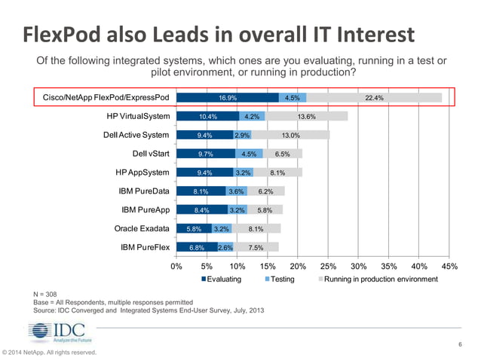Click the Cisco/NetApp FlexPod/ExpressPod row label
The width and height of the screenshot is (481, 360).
click(x=106, y=98)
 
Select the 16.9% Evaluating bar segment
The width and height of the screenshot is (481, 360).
click(x=227, y=98)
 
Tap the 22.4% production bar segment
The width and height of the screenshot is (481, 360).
click(x=374, y=98)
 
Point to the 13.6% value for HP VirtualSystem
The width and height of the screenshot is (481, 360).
click(x=306, y=117)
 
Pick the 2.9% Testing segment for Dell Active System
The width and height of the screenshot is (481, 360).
click(x=242, y=136)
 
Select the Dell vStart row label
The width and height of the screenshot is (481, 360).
click(x=151, y=154)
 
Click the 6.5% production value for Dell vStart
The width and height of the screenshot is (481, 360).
click(x=282, y=154)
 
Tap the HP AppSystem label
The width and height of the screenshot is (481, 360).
click(x=142, y=172)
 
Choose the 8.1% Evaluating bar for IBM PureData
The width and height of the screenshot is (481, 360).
click(x=201, y=191)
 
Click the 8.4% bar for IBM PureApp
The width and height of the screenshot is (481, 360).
click(x=201, y=209)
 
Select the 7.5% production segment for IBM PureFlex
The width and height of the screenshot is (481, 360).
click(x=256, y=247)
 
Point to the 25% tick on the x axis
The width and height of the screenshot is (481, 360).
click(x=328, y=266)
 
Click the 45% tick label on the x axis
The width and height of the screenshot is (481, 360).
click(x=449, y=266)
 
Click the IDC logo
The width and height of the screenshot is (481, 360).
click(x=57, y=332)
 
